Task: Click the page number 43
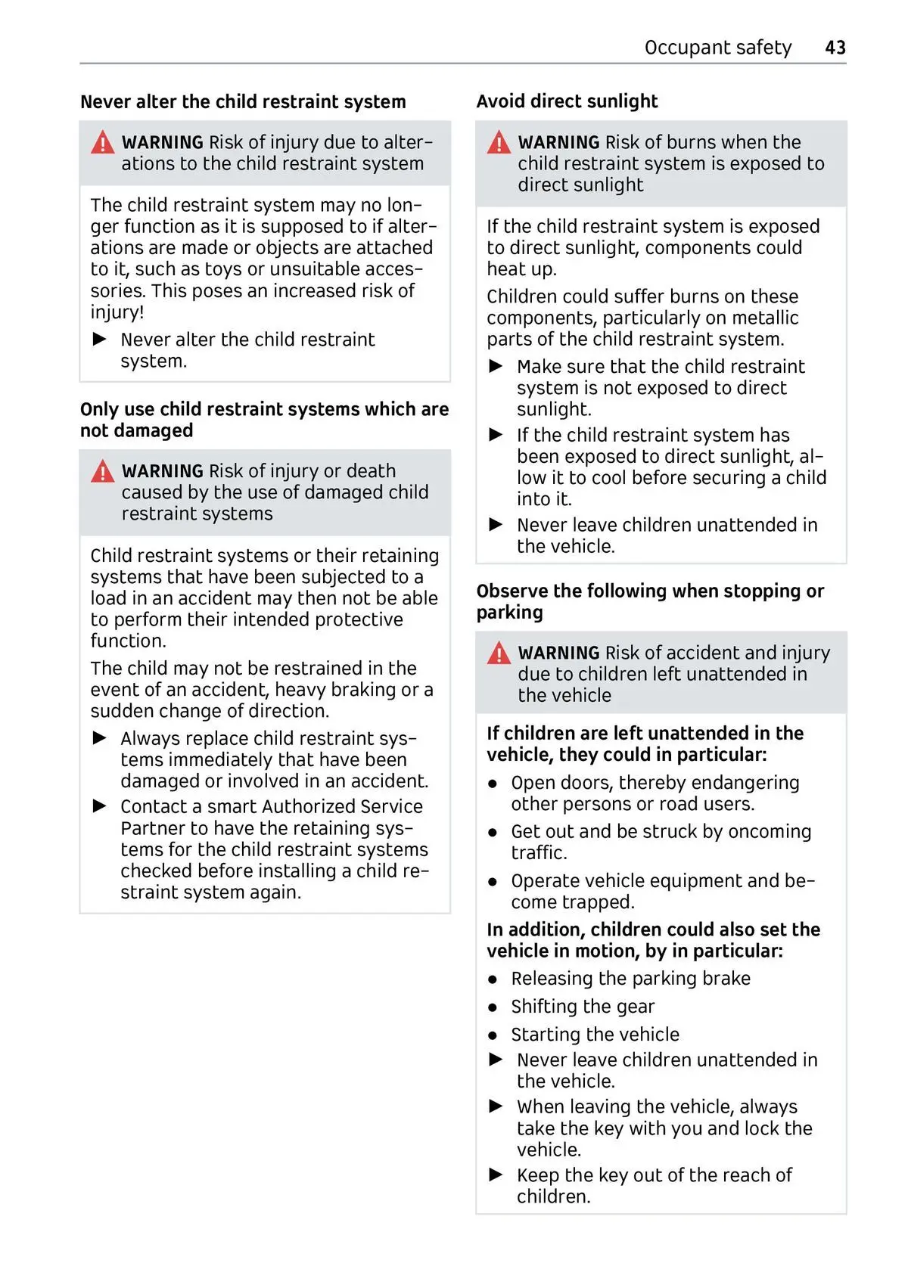click(x=835, y=48)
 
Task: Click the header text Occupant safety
click(x=717, y=48)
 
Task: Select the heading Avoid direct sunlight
click(x=567, y=101)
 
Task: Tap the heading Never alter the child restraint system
click(x=243, y=102)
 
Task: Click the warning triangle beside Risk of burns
click(x=499, y=142)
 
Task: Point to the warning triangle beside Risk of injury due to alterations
click(x=103, y=142)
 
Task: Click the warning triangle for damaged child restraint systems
click(x=103, y=471)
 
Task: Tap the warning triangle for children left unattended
click(x=499, y=653)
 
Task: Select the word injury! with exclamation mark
click(x=117, y=312)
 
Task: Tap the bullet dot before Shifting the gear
click(x=493, y=1007)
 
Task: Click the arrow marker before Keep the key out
click(x=496, y=1175)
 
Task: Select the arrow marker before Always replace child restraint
click(x=100, y=737)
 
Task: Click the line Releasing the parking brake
click(x=630, y=979)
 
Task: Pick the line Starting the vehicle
click(x=595, y=1035)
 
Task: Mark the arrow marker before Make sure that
click(x=496, y=366)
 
